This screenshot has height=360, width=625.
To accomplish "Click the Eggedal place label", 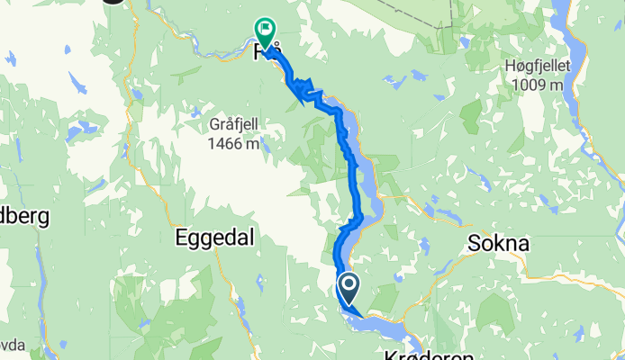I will tap(215, 238).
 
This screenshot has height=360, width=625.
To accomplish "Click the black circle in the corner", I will tap(113, 2).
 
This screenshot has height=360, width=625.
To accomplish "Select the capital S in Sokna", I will tap(471, 243).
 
